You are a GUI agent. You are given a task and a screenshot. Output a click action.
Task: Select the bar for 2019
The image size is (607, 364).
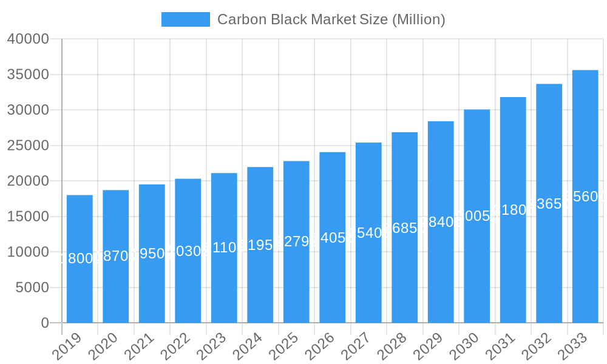tap(80, 285)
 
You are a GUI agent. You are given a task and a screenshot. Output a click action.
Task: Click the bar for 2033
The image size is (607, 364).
tap(585, 255)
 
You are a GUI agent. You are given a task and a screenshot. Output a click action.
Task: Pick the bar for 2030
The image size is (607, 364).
tap(476, 267)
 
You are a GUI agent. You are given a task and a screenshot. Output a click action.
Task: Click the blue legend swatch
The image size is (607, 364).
tap(185, 19)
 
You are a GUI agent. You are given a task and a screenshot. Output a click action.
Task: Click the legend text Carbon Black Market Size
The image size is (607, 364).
tap(331, 19)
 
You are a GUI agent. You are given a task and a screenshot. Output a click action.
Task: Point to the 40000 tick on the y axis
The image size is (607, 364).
tap(28, 39)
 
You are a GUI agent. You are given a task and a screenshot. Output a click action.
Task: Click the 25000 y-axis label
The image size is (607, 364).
tap(28, 146)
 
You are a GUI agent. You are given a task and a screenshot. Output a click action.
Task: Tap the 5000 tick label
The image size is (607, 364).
tap(32, 288)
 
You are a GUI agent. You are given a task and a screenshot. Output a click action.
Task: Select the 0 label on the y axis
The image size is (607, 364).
tap(45, 323)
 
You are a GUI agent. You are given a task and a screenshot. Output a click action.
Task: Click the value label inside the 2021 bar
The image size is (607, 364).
tap(152, 254)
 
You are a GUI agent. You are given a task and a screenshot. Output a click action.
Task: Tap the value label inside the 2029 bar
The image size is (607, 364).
tap(441, 222)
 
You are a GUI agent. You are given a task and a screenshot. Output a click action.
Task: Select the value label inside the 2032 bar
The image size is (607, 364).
tap(549, 204)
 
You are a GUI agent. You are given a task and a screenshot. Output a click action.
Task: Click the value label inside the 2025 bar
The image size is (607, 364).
tap(296, 241)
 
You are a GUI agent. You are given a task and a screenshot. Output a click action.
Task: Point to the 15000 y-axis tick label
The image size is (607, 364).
tap(28, 217)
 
